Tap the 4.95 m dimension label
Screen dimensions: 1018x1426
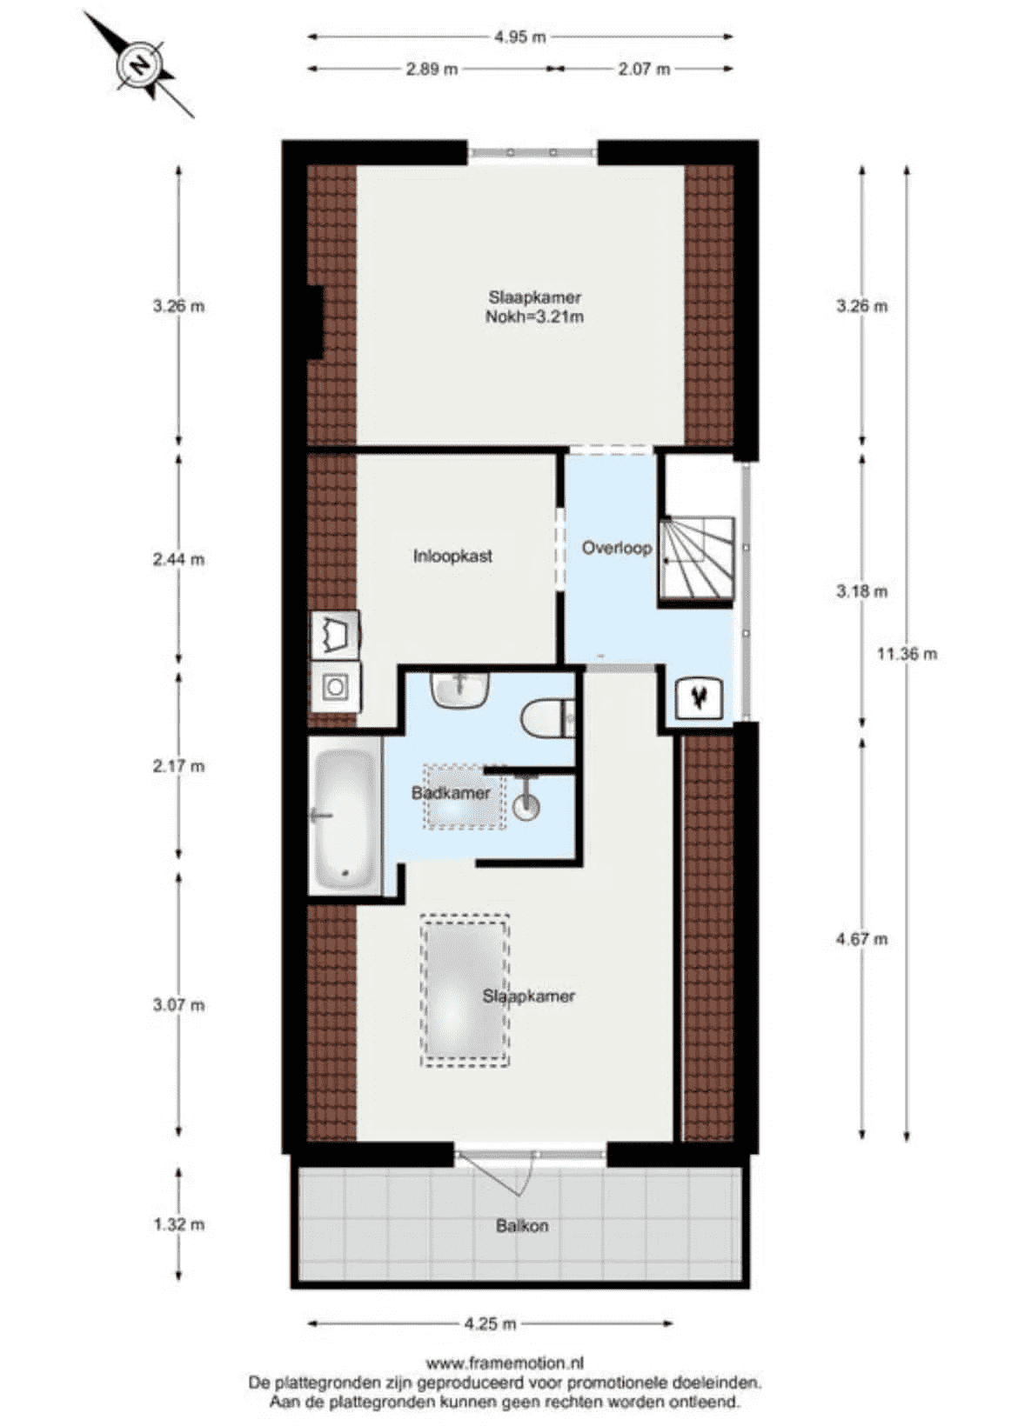pos(519,37)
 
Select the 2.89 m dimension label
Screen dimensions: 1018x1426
pos(432,69)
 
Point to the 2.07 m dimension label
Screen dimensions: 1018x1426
pos(643,69)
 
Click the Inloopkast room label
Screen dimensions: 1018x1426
pos(452,556)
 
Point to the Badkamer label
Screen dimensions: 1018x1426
pos(451,793)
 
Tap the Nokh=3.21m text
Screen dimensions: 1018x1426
pos(534,317)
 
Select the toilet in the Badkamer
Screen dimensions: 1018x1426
pos(546,717)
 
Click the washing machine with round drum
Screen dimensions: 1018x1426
pos(334,687)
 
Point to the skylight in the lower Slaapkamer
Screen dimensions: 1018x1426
pos(465,990)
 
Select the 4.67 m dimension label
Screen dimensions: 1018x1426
pos(861,938)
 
